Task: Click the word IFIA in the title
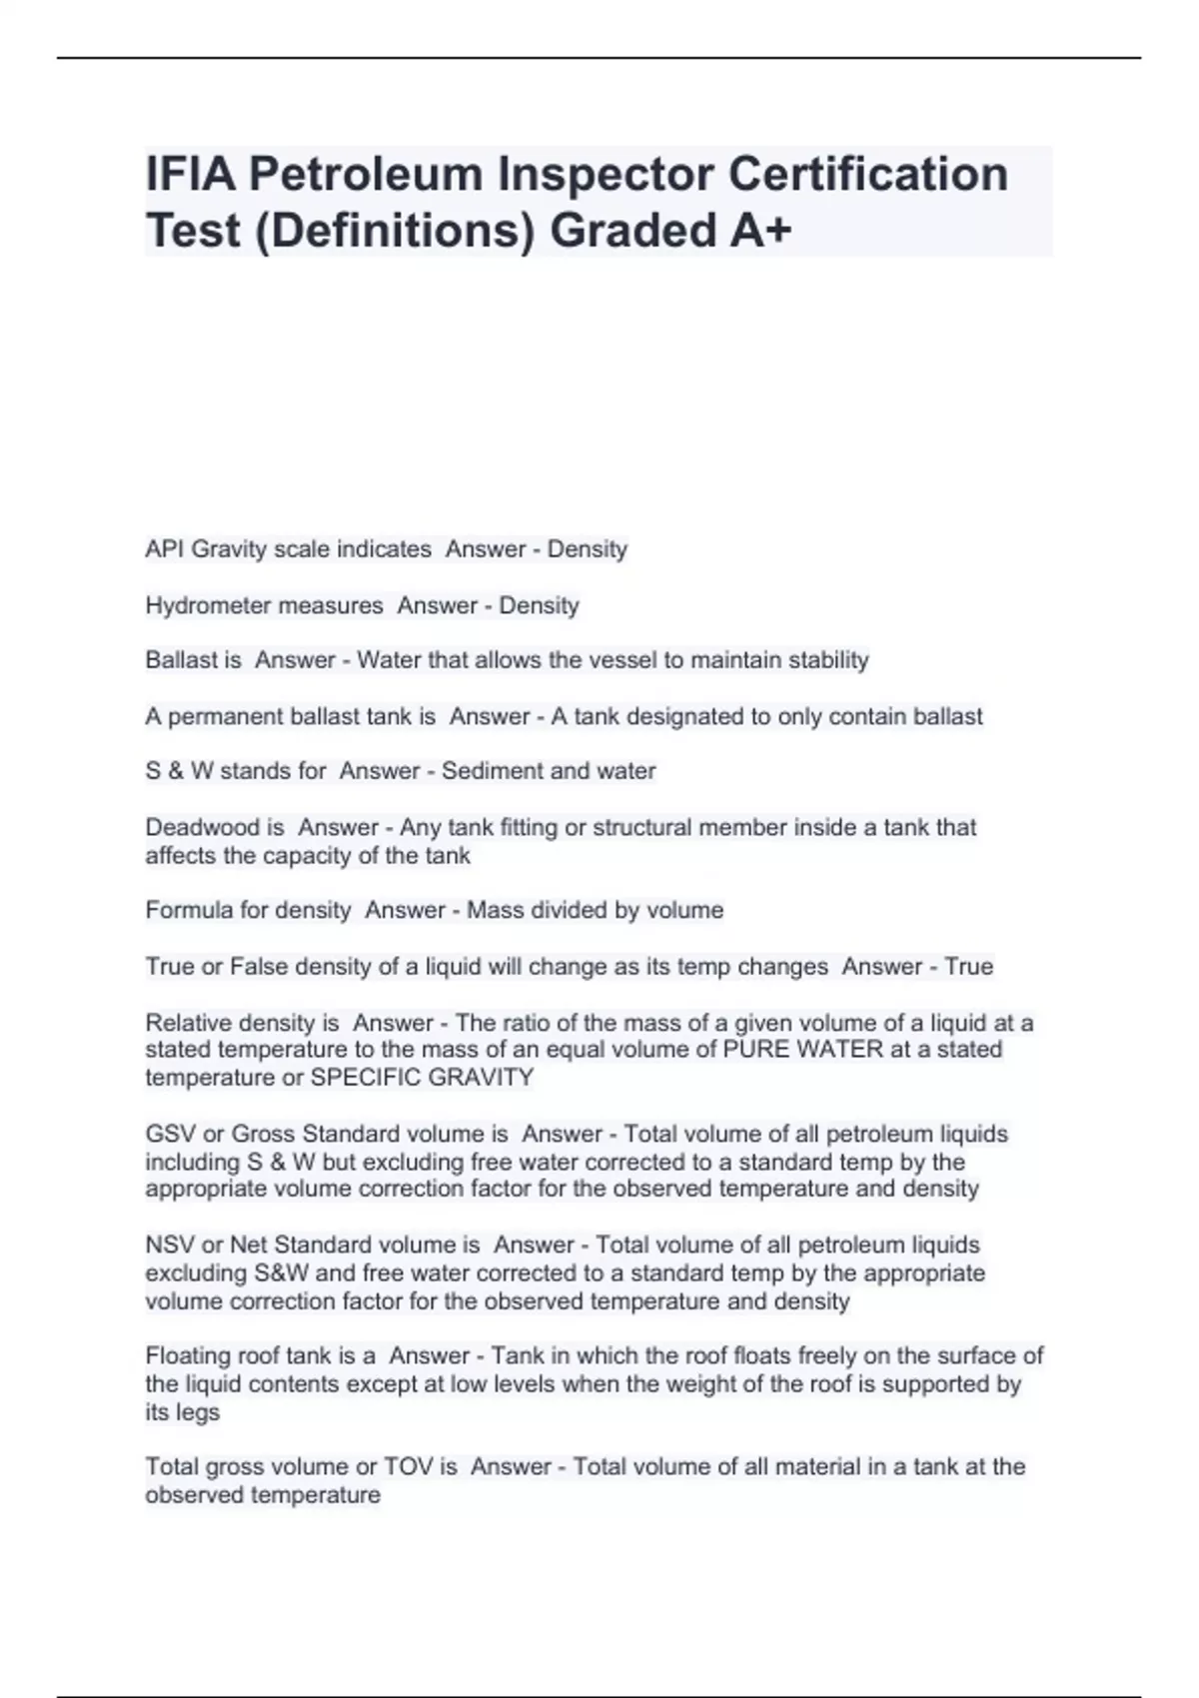click(x=191, y=174)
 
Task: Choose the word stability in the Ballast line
click(x=828, y=660)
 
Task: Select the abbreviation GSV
click(x=170, y=1135)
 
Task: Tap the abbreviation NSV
click(x=170, y=1246)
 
